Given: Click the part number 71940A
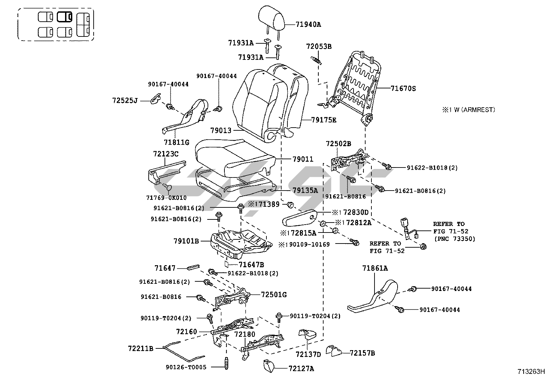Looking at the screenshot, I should pyautogui.click(x=308, y=24).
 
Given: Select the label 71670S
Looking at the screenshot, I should pyautogui.click(x=403, y=88).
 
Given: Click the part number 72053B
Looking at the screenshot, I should pyautogui.click(x=319, y=46).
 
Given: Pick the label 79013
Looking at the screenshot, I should pyautogui.click(x=221, y=131).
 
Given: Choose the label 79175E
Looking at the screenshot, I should pyautogui.click(x=324, y=120).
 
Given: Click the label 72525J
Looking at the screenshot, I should pyautogui.click(x=125, y=100).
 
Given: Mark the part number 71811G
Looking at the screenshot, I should pyautogui.click(x=177, y=142).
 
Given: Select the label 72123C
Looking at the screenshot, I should pyautogui.click(x=166, y=154).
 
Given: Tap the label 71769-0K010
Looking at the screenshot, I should pyautogui.click(x=166, y=198).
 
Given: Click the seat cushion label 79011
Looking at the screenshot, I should pyautogui.click(x=303, y=159).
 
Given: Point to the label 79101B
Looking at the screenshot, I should pyautogui.click(x=186, y=241).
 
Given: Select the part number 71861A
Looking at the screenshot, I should pyautogui.click(x=375, y=268).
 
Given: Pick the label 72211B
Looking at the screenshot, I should pyautogui.click(x=140, y=348).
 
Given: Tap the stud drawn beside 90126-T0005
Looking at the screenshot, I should pyautogui.click(x=226, y=363).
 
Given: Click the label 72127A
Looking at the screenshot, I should pyautogui.click(x=301, y=369).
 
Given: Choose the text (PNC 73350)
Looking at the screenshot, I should pyautogui.click(x=454, y=239).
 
